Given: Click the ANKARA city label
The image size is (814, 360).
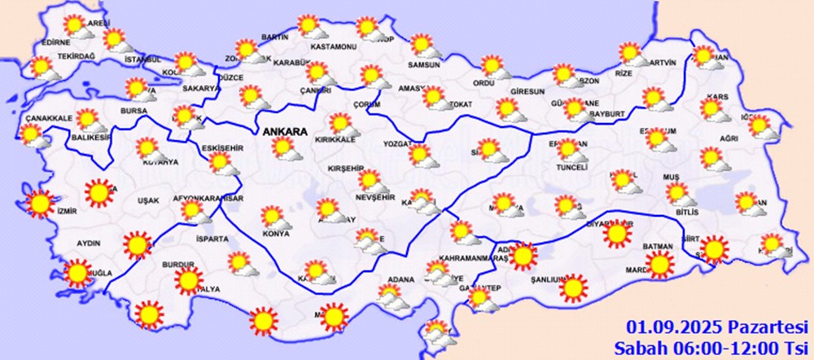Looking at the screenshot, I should coord(284,131).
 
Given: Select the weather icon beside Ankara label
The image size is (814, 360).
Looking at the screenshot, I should coord(284,150).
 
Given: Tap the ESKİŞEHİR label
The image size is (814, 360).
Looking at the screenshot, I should coord(221,147).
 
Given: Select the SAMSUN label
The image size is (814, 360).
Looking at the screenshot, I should coord(423,64).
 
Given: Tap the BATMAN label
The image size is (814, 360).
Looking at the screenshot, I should coord(659,246).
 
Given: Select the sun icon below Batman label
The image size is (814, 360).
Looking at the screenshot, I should coord(660,264).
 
